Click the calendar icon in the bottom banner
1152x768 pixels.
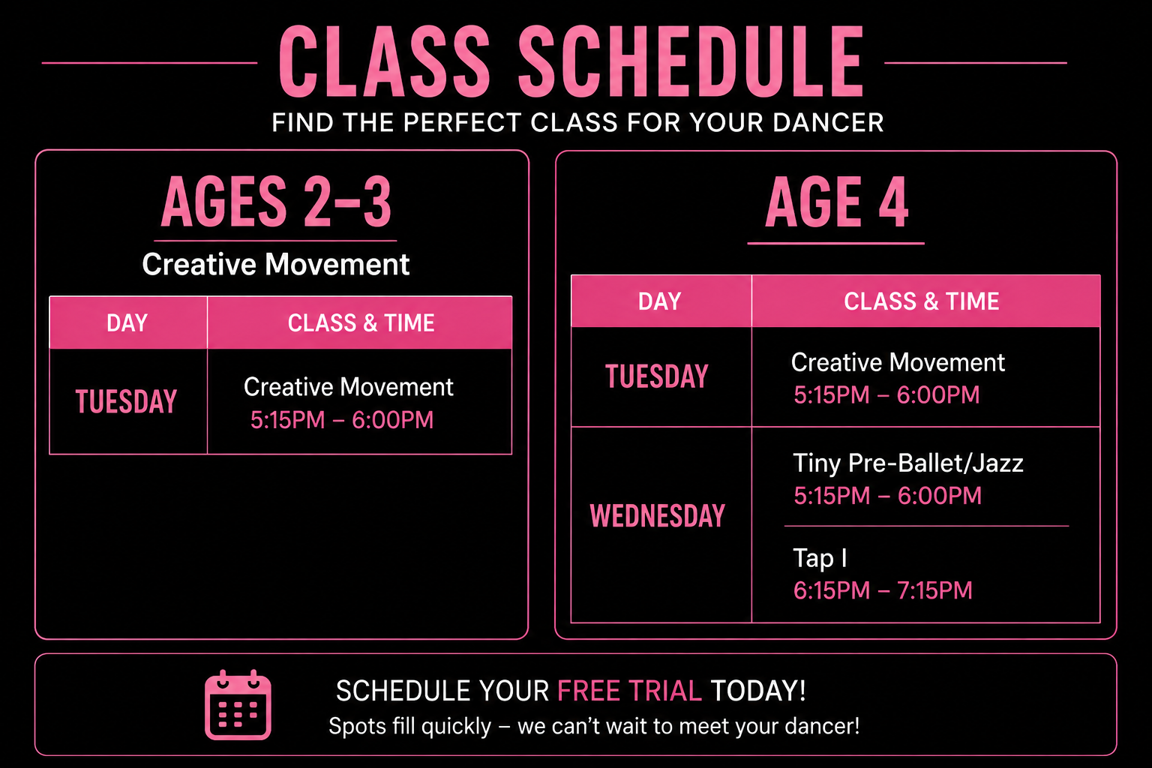[238, 705]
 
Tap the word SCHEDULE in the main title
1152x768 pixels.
[690, 61]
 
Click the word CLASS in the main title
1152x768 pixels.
[384, 61]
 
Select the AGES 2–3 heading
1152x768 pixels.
[276, 202]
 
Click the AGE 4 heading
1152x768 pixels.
[837, 202]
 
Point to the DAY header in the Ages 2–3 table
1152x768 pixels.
[127, 323]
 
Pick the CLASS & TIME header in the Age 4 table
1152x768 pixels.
[921, 301]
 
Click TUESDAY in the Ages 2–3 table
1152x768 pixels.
[127, 401]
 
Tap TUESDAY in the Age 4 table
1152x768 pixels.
[657, 376]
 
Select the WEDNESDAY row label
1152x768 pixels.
[657, 515]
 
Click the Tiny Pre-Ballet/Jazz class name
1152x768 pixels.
[907, 463]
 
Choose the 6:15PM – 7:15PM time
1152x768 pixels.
[883, 590]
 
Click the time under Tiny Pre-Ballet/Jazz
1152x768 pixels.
[887, 496]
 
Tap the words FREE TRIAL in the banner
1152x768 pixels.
[629, 691]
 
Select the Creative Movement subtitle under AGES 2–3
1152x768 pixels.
[276, 265]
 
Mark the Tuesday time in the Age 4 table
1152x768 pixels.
[886, 395]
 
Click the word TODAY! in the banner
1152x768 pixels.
[758, 691]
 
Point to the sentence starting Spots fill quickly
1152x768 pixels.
[594, 726]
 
